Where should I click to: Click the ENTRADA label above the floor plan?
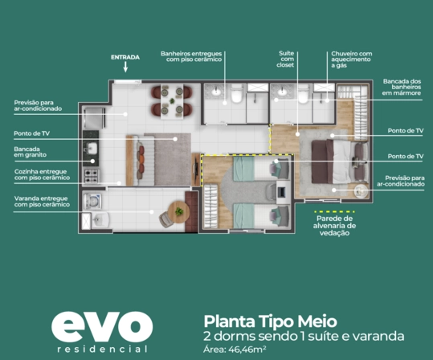click(x=125, y=58)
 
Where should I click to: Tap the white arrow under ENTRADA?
click(x=125, y=67)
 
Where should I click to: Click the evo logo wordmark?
click(x=102, y=327)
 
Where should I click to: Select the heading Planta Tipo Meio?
click(x=271, y=321)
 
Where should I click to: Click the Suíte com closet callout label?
click(x=286, y=59)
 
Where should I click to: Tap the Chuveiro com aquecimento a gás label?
click(x=352, y=59)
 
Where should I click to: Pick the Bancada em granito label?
click(x=30, y=152)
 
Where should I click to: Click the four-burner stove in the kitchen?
click(x=91, y=176)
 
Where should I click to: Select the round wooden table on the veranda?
click(x=178, y=212)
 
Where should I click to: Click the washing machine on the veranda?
click(x=92, y=201)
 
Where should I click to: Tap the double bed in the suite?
click(x=340, y=162)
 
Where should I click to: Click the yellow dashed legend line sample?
click(x=334, y=212)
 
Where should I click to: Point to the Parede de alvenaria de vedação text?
click(x=334, y=226)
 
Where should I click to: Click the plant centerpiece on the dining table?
click(x=172, y=100)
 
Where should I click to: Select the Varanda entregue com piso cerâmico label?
click(x=42, y=202)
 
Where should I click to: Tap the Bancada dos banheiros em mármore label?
click(x=402, y=87)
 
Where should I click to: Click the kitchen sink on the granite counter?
click(x=91, y=149)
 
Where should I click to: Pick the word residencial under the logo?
click(x=103, y=350)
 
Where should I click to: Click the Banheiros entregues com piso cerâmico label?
click(x=191, y=56)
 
